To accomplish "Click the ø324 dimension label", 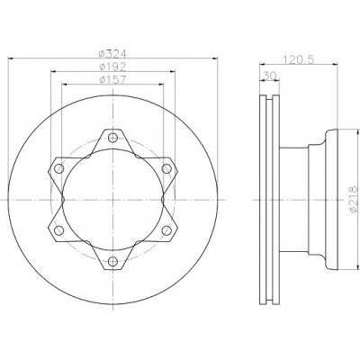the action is click(112, 54).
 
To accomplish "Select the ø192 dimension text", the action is click(112, 67).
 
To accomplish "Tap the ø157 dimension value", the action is click(112, 79).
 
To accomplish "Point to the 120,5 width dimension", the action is click(298, 59).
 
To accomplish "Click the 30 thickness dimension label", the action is click(269, 76).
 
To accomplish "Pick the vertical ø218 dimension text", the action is click(354, 200).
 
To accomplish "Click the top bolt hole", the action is click(112, 138).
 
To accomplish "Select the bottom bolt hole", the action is click(112, 261).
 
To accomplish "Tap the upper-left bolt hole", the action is click(59, 168).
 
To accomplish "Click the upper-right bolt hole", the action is click(166, 168).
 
